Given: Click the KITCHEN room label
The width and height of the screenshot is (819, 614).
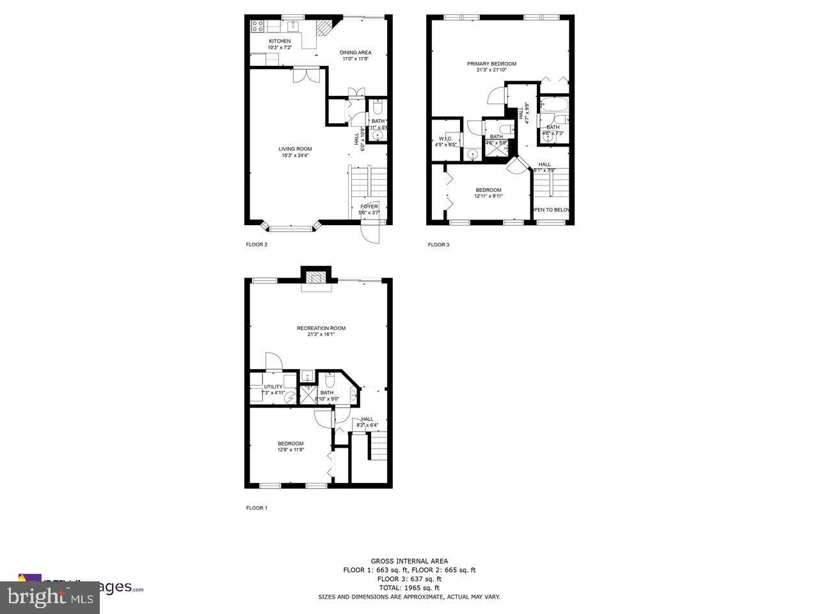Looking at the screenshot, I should pos(280,41).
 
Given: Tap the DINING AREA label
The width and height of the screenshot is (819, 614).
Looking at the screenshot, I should pos(355,52).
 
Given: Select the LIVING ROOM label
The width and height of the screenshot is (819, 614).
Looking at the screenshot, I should pos(295,149).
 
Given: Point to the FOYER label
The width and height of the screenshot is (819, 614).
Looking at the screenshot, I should pos(369,207).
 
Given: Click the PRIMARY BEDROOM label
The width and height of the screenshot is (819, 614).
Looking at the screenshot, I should pos(491,64).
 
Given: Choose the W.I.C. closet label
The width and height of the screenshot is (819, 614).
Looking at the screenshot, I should pos(445,139).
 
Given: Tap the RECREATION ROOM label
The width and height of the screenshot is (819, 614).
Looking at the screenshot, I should pos(321,329).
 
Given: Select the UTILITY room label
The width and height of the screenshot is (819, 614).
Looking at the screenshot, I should pos(273,387).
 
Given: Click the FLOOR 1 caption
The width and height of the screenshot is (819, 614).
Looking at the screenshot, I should pos(257,508).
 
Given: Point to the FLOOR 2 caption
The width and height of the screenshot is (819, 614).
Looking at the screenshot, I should pos(257,244).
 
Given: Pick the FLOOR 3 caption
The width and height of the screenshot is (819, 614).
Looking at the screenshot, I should pos(438,244).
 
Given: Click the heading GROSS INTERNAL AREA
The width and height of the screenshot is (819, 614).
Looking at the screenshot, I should pos(409,561).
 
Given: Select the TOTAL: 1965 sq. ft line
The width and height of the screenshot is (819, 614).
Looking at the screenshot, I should pos(409,588).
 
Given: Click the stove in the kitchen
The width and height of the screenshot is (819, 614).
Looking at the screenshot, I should pos(258,26).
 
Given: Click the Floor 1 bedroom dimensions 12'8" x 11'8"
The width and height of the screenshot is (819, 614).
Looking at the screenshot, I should pos(290,450).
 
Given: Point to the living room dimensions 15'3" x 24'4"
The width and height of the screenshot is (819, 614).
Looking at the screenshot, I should pos(295,155).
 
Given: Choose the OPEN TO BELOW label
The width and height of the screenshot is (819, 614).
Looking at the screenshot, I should pos(552,210).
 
